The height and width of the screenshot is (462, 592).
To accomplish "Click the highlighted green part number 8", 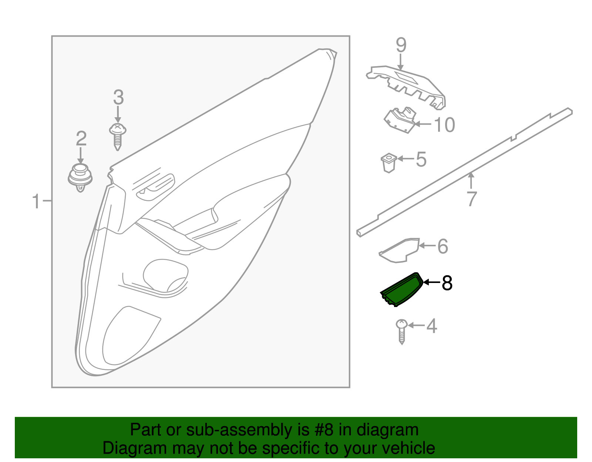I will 401,290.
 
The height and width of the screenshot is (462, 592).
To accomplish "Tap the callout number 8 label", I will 447,283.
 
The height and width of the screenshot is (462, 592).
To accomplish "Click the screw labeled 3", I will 118,135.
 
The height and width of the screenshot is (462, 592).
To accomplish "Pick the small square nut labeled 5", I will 388,163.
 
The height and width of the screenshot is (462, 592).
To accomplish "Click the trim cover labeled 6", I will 399,251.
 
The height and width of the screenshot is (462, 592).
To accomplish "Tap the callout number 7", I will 471,199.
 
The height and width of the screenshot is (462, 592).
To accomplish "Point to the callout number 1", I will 36,202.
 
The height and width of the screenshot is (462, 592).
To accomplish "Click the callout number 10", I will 444,125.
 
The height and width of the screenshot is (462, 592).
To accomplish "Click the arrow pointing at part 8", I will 431,283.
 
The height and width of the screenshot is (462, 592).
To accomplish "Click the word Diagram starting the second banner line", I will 124,448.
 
